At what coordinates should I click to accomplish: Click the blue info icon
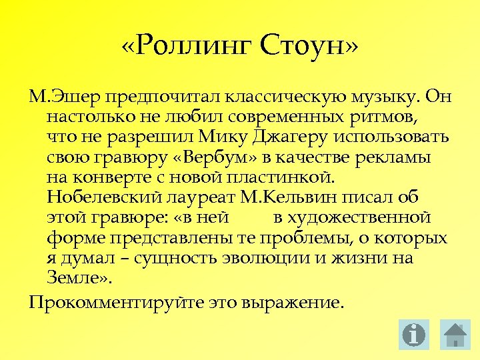pyautogui.click(x=414, y=335)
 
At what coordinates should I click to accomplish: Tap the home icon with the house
pyautogui.click(x=456, y=335)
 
